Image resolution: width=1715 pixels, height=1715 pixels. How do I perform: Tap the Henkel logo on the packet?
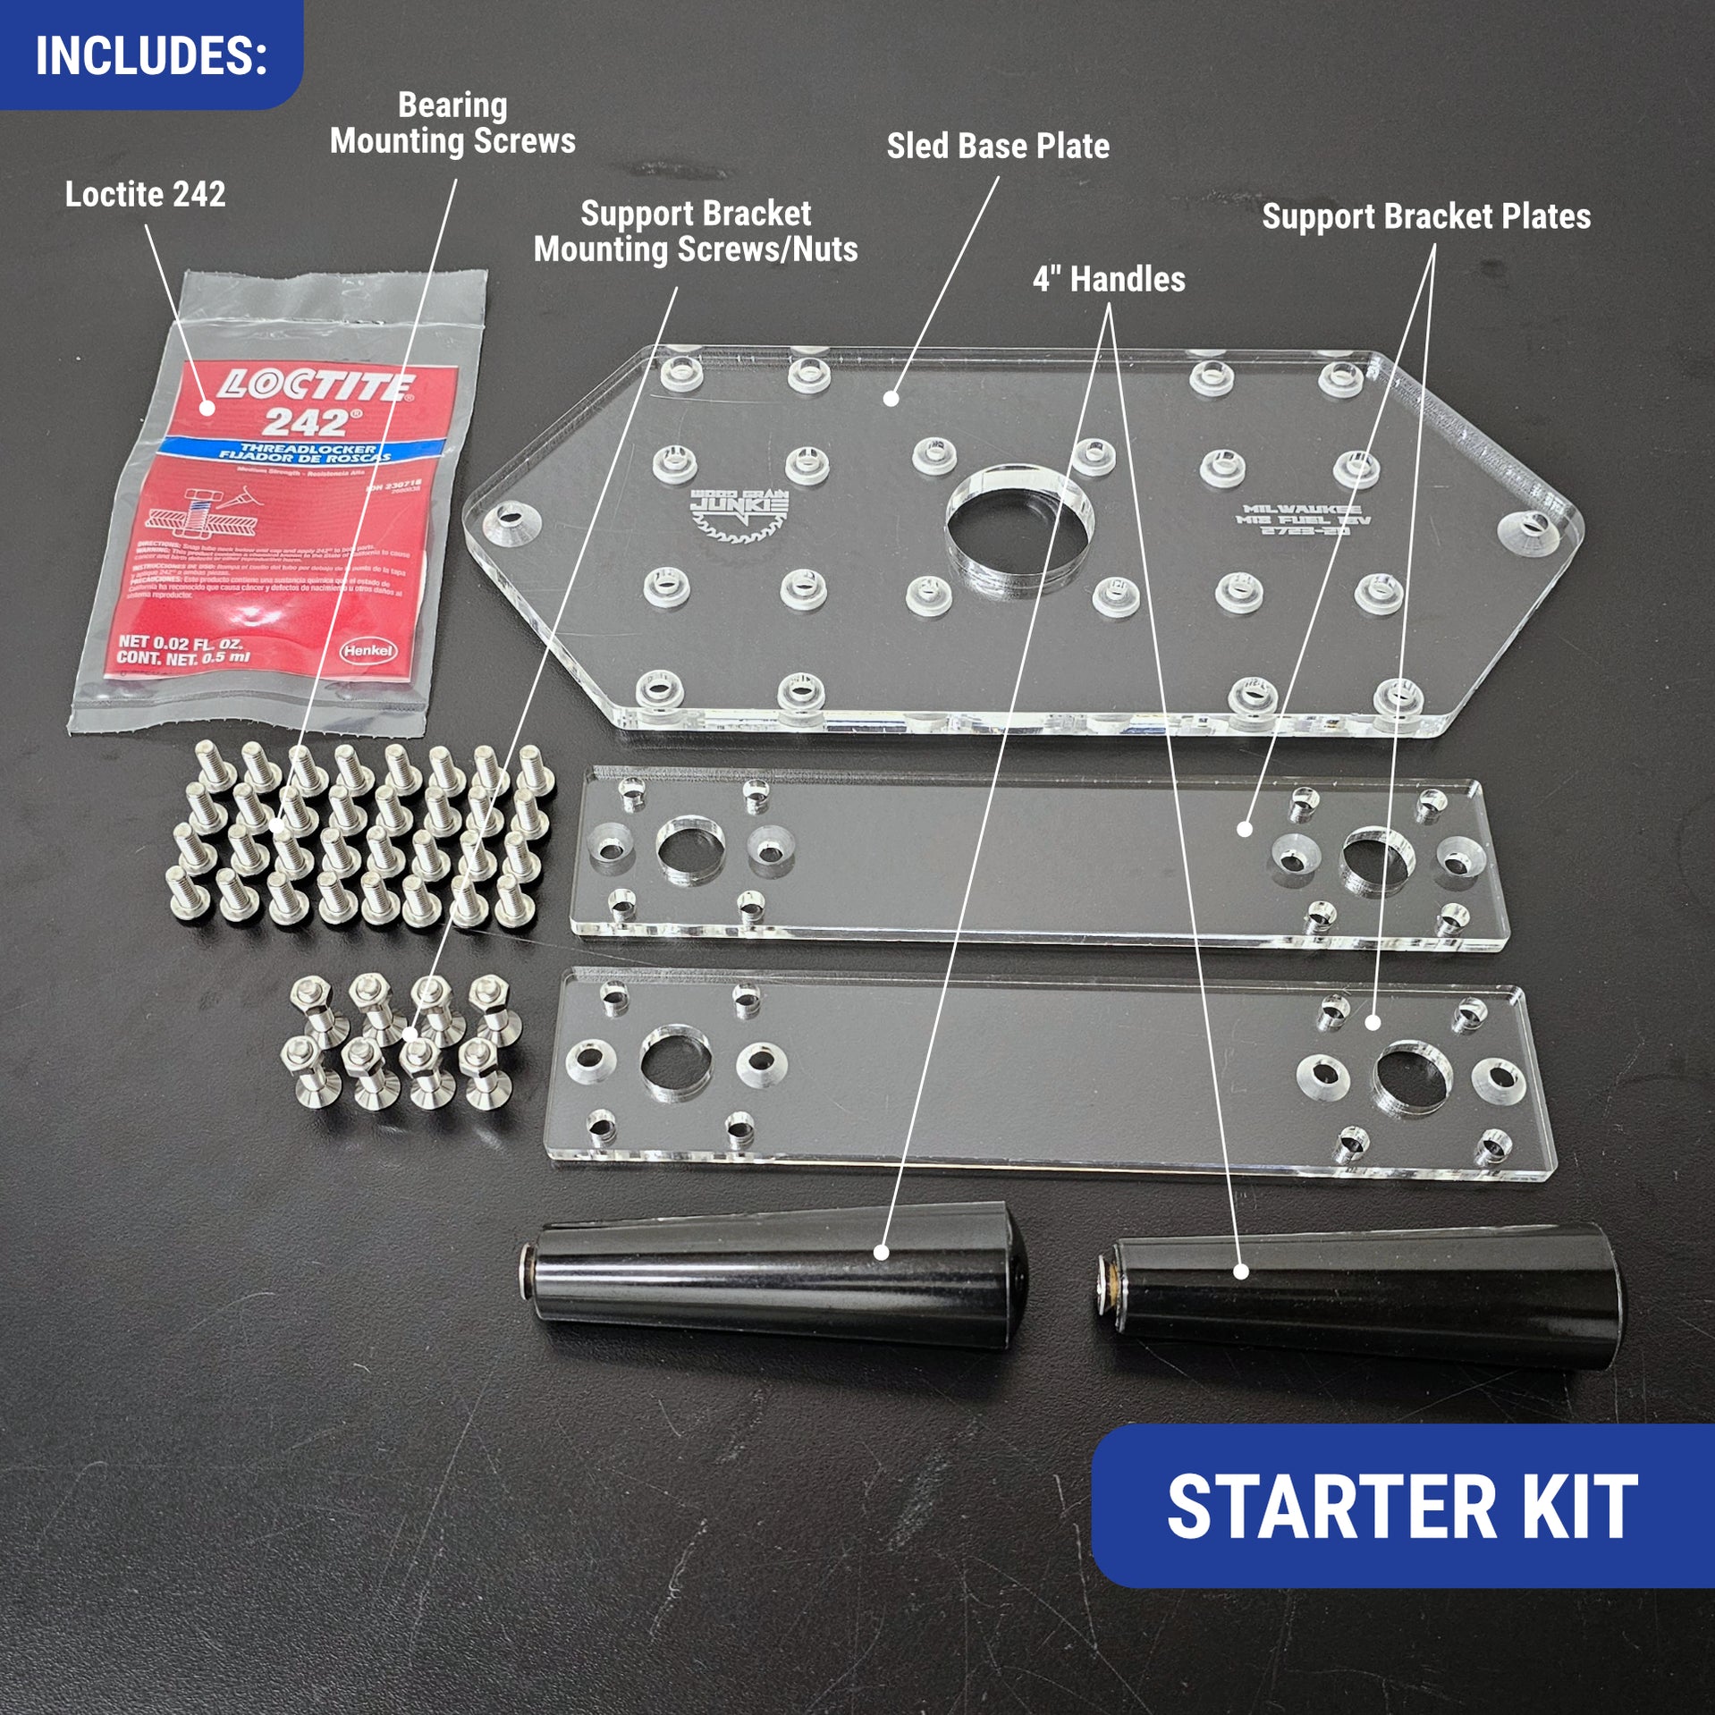point(367,651)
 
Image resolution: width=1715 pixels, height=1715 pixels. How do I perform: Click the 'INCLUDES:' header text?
point(151,55)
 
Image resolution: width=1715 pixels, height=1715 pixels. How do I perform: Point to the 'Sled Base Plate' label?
point(998,147)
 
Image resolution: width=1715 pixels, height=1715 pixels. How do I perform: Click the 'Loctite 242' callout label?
point(145,195)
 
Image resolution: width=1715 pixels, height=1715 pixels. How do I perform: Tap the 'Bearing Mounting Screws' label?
point(452,123)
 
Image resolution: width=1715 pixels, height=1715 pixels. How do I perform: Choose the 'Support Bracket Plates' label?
point(1426,216)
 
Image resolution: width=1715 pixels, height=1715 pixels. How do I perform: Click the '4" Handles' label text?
point(1109,280)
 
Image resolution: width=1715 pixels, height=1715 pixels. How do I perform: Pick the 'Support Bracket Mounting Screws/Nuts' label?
point(696,232)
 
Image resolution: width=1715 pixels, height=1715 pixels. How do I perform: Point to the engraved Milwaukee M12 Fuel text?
point(1305,520)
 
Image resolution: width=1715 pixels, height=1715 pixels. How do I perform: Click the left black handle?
point(773,1274)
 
